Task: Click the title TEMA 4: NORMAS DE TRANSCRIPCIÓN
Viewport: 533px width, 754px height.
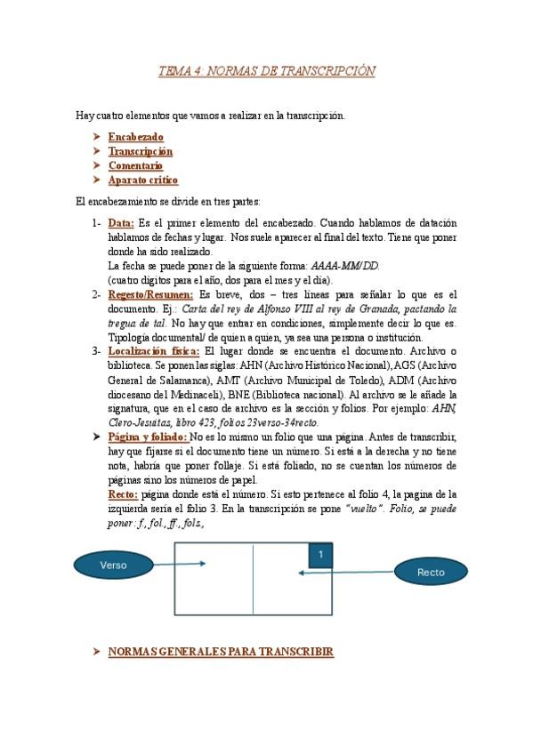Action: click(266, 71)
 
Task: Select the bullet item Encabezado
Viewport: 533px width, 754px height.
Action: click(135, 138)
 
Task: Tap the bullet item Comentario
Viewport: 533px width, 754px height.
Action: click(135, 165)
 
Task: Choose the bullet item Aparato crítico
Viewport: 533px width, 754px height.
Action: click(143, 180)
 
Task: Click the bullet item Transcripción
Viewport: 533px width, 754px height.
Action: click(141, 152)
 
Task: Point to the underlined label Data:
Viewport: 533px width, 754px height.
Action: click(121, 223)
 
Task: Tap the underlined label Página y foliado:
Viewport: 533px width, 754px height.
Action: click(148, 437)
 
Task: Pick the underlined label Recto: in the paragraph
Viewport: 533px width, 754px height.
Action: click(123, 493)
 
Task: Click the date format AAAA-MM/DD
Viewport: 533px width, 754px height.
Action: click(344, 266)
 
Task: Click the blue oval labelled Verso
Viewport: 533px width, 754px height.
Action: click(113, 565)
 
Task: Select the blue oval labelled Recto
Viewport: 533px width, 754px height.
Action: click(431, 572)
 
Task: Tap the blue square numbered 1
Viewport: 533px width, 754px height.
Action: click(319, 554)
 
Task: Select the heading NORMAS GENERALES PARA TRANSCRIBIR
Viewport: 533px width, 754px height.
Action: click(220, 652)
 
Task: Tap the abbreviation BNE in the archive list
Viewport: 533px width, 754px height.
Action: click(238, 394)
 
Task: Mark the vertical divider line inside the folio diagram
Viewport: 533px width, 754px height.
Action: click(254, 578)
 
